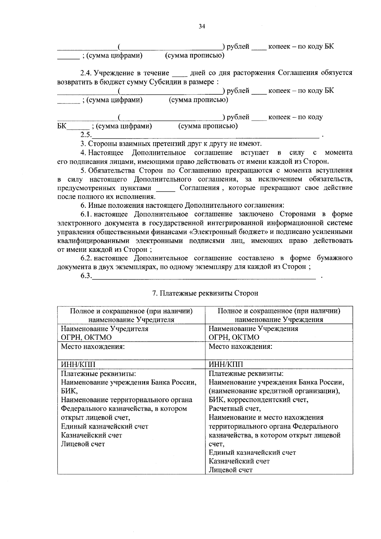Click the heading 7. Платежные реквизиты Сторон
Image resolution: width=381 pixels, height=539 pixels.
[x=205, y=293]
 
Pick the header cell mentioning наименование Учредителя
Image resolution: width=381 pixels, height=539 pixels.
[x=131, y=315]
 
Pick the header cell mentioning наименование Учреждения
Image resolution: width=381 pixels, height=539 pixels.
[x=279, y=315]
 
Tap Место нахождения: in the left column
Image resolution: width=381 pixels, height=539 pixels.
[x=92, y=346]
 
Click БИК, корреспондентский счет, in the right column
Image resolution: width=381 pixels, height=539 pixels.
[x=258, y=400]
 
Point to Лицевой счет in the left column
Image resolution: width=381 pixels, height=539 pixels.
[x=83, y=444]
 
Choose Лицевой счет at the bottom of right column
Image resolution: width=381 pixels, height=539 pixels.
[x=231, y=470]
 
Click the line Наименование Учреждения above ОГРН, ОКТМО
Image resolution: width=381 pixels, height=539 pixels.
[x=253, y=329]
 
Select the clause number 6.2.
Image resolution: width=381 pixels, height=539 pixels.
[x=86, y=258]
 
